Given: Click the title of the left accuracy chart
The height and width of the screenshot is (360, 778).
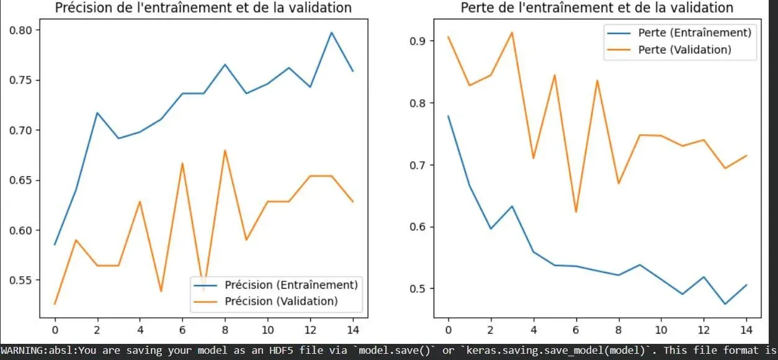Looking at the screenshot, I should (x=203, y=8).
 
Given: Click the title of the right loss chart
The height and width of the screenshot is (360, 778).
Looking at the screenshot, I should (x=597, y=8).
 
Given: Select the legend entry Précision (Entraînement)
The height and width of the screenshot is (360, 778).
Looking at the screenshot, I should (x=290, y=285).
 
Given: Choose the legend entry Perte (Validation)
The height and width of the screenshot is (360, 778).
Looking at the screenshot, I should (x=684, y=49).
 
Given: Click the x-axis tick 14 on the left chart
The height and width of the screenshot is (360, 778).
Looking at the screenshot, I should (x=352, y=328).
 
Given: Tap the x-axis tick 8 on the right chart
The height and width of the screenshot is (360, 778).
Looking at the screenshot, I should (x=618, y=328).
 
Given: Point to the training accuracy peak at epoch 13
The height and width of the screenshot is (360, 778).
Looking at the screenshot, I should (x=331, y=32).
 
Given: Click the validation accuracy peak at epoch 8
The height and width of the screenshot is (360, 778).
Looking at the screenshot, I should (x=225, y=150).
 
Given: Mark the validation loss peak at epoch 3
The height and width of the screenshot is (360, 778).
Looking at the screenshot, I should (x=512, y=32).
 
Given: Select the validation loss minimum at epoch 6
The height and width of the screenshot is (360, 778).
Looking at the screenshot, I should (x=576, y=212).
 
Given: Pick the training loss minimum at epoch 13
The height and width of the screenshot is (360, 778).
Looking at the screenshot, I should (x=725, y=304).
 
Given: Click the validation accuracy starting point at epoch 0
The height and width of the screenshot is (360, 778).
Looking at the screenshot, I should (x=55, y=304).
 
